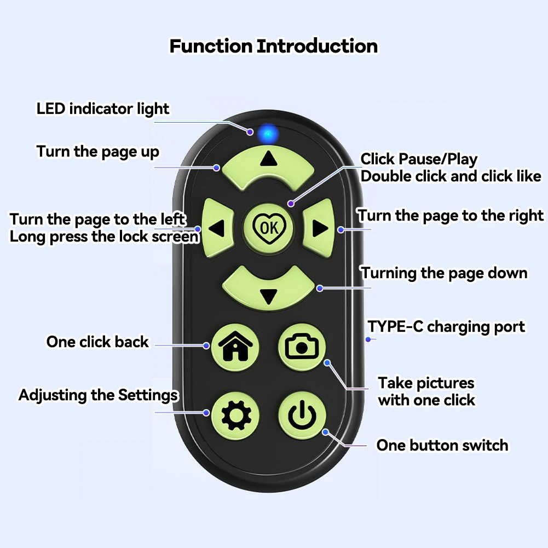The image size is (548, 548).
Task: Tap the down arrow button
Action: click(268, 289)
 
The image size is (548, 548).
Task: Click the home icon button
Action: click(235, 346)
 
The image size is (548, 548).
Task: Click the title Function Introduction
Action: click(273, 46)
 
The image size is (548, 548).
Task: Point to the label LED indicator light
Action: click(103, 108)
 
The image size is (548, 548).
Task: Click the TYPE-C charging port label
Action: click(446, 327)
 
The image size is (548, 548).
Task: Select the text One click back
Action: click(97, 342)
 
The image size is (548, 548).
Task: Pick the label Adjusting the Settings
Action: click(99, 395)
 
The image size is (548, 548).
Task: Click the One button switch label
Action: click(442, 445)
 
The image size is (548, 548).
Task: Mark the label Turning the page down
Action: click(444, 273)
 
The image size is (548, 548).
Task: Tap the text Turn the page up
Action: click(98, 151)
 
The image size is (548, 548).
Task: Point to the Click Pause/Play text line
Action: click(419, 159)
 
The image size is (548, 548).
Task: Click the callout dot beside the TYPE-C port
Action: click(368, 340)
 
